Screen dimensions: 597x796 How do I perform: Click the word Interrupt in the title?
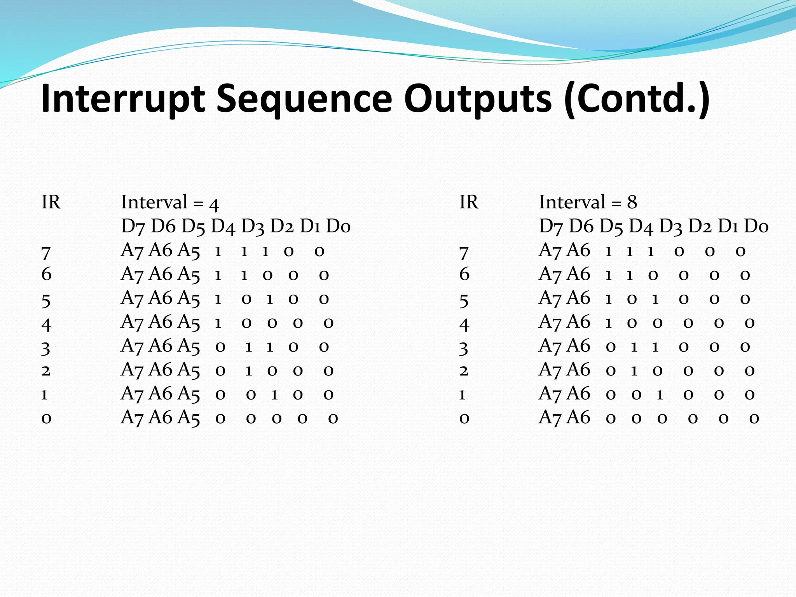[x=123, y=99]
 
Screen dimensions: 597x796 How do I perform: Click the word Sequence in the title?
[x=304, y=99]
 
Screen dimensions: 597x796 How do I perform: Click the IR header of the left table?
[x=51, y=202]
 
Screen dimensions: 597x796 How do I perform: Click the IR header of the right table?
[x=469, y=202]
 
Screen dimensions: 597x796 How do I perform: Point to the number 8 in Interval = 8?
[x=632, y=202]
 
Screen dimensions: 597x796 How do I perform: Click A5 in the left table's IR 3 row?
[x=189, y=346]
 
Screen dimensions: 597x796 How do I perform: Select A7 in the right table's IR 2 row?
[x=550, y=370]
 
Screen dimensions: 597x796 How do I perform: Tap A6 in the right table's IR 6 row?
[x=579, y=274]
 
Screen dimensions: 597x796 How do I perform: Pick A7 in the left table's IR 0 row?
[x=133, y=418]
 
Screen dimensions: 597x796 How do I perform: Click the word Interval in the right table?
[x=572, y=202]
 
